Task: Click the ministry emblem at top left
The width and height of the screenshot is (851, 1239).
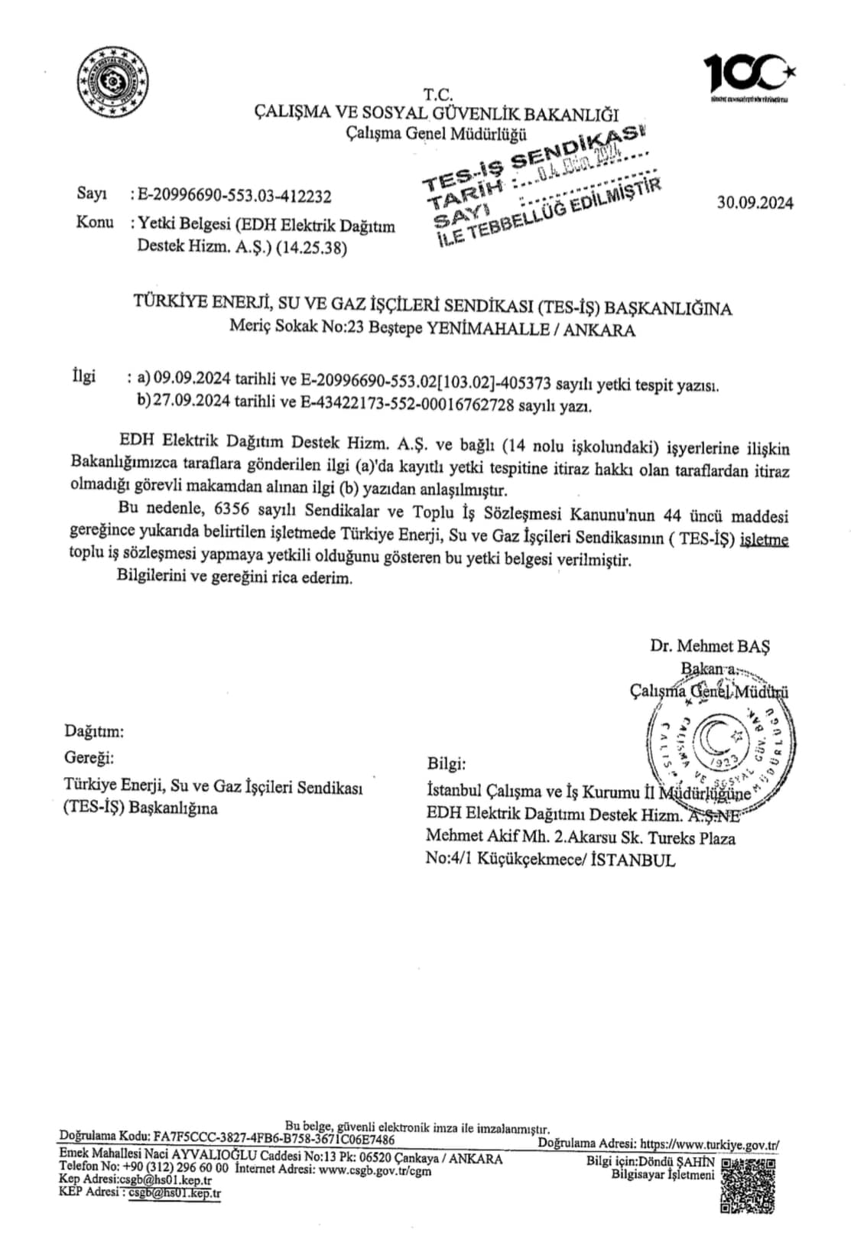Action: point(113,81)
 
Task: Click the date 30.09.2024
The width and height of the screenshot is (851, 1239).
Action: point(755,203)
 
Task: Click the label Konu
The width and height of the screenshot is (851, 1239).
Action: point(95,223)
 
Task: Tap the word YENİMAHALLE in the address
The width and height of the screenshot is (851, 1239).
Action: point(488,330)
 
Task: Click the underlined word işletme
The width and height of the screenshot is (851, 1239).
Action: point(763,539)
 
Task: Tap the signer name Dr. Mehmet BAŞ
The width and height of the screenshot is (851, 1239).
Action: point(710,646)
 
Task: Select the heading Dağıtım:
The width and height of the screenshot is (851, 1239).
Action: point(94,731)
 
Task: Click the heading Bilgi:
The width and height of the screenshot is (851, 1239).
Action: point(446,763)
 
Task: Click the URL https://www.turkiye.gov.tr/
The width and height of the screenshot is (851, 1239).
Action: point(710,1145)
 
